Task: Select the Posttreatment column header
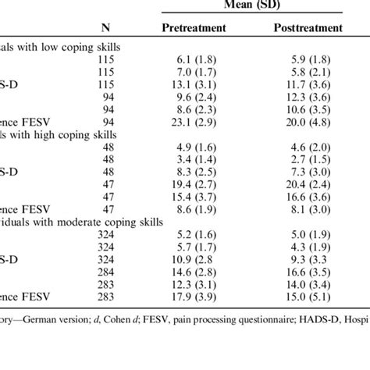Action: [308, 28]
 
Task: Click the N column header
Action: [105, 29]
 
